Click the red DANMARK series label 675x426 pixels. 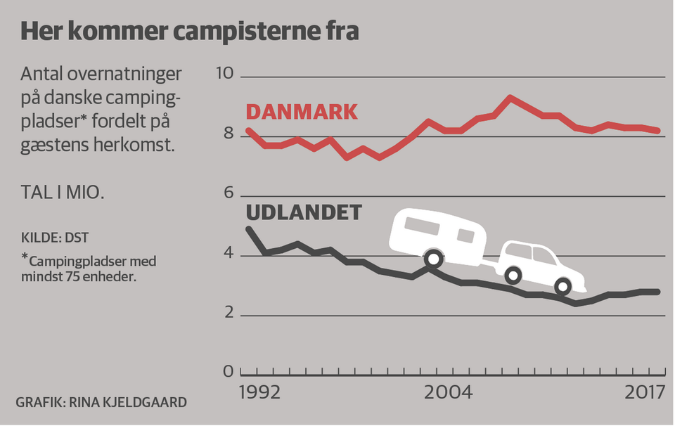click(x=301, y=112)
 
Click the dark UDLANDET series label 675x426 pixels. click(x=304, y=213)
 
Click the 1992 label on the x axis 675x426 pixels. click(x=260, y=392)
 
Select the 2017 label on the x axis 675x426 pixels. click(x=645, y=392)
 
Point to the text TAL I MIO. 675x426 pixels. click(x=63, y=192)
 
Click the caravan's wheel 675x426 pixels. click(x=435, y=259)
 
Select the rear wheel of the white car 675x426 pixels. click(x=513, y=274)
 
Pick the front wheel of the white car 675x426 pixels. click(x=562, y=285)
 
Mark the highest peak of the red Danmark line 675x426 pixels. click(x=511, y=98)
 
